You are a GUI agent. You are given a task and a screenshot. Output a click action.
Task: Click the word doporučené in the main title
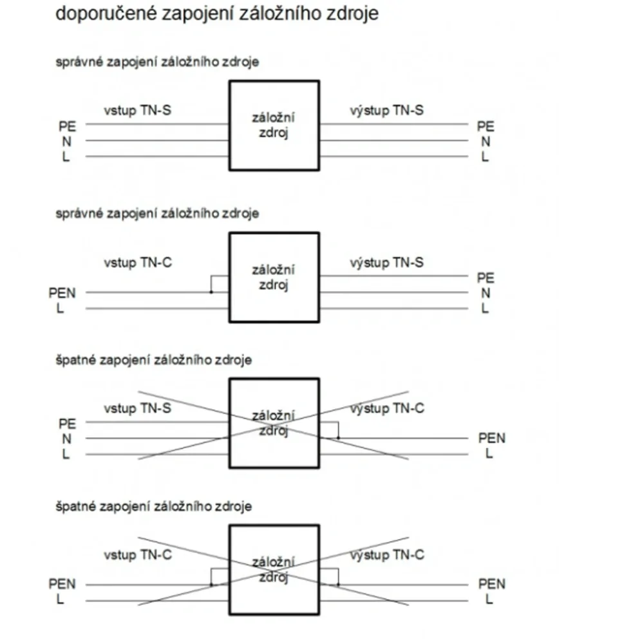pos(106,14)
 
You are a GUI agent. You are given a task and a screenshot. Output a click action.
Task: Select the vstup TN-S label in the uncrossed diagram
pos(137,111)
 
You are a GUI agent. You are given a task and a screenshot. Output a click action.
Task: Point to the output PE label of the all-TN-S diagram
pos(486,126)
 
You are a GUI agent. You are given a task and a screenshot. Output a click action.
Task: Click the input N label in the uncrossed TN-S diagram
pos(66,142)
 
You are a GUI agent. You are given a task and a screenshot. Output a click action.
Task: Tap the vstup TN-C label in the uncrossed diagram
pos(138,263)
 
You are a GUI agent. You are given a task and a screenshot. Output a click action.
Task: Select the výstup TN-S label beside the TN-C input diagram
pos(386,263)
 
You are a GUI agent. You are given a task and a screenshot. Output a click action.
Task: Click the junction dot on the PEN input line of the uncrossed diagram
pos(211,292)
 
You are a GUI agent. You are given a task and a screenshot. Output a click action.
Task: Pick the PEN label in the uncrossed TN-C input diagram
pos(62,293)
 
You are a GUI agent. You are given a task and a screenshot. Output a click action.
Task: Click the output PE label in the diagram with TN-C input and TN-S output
pos(486,278)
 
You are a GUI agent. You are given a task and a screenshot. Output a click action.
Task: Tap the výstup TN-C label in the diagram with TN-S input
pos(387,408)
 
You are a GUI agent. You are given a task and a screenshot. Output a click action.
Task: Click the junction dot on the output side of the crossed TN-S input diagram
pos(339,438)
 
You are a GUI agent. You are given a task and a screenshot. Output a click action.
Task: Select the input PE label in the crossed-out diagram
pos(68,424)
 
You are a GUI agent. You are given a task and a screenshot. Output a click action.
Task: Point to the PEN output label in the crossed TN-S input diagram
pos(491,438)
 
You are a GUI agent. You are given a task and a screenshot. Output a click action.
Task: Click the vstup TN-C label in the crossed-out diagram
pos(138,555)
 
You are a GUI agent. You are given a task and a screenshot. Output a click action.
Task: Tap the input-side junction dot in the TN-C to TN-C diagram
pos(211,585)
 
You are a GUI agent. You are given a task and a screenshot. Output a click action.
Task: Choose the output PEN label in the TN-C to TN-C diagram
pos(491,584)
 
